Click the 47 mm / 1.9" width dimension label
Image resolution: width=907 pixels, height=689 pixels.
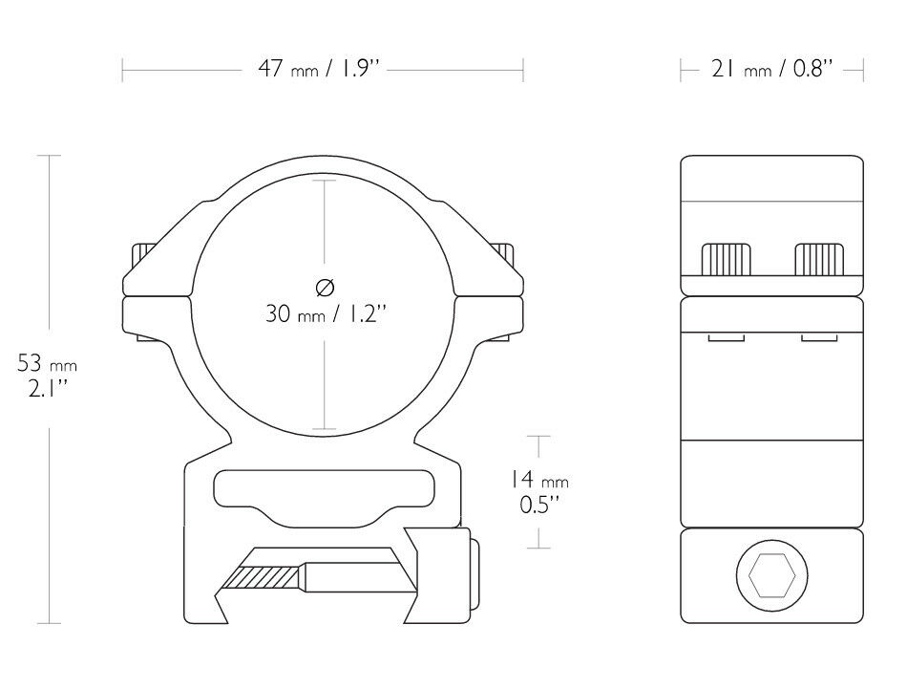[x=319, y=70]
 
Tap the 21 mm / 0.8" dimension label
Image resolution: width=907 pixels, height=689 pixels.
[x=771, y=70]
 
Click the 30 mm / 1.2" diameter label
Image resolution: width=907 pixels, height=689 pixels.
[x=325, y=313]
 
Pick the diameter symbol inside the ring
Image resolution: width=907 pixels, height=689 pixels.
[x=325, y=287]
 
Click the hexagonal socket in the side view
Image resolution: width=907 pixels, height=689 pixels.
[x=771, y=576]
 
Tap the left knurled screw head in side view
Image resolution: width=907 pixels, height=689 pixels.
[x=726, y=259]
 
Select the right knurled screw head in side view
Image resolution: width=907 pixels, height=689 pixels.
[x=819, y=259]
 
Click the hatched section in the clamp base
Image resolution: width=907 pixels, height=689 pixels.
[x=264, y=576]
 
